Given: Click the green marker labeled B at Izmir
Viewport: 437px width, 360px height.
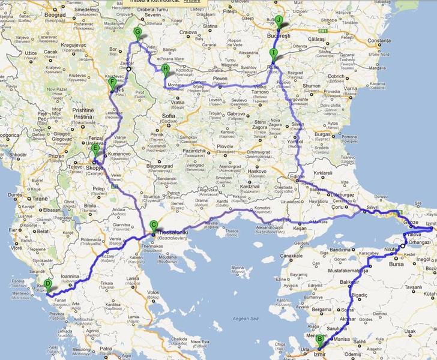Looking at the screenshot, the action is [x=321, y=340].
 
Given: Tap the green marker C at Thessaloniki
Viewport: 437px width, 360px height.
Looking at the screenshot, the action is [x=154, y=226].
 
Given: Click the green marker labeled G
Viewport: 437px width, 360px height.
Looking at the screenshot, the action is [x=137, y=32].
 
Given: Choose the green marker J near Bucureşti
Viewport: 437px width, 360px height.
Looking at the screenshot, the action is [x=279, y=20].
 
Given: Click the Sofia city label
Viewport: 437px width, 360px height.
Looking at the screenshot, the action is [x=168, y=115].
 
